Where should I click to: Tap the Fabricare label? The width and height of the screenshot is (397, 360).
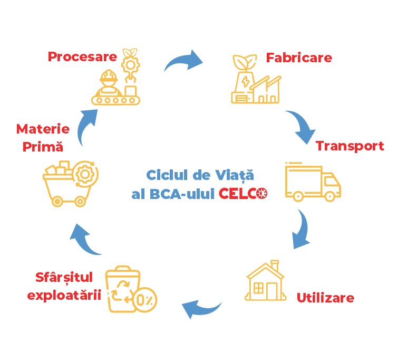299,57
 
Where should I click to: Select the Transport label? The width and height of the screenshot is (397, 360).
350,146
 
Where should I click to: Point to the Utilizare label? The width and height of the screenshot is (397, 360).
325,298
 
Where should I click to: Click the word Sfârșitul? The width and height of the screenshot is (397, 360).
64,278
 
